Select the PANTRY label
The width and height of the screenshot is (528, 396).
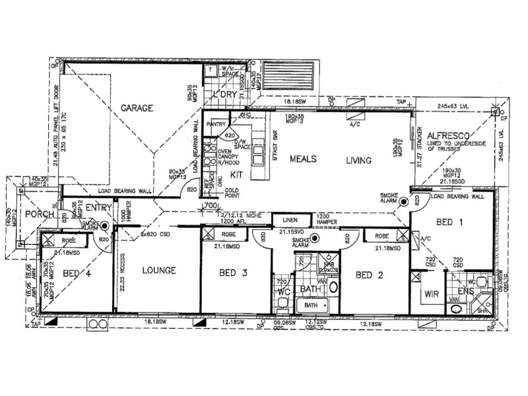coord(216,123)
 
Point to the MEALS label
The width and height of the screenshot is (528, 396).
coord(303,160)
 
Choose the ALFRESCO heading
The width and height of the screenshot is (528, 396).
coord(447,132)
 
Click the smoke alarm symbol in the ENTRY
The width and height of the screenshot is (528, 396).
coord(104,226)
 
